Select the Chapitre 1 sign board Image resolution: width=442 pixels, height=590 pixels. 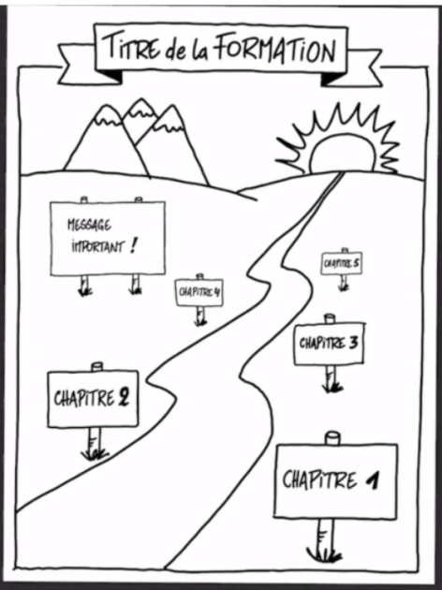(336, 481)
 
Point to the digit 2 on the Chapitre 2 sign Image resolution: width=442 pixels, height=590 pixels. (123, 398)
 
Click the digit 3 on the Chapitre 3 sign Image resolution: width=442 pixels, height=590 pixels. (353, 343)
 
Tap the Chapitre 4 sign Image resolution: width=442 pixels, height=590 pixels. (199, 292)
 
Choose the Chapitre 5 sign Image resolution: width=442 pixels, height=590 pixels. (342, 263)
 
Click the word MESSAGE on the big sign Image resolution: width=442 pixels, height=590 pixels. (89, 225)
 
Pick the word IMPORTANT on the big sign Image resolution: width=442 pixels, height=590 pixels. (97, 247)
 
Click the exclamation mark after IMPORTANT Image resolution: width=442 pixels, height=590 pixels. (132, 246)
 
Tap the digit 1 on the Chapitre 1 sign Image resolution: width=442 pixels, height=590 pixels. (373, 480)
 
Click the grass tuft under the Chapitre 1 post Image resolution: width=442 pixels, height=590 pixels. (324, 554)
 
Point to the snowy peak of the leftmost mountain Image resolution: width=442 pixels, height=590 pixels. (107, 115)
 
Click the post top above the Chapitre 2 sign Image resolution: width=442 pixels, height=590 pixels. (97, 366)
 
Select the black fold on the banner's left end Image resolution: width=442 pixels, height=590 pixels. (111, 76)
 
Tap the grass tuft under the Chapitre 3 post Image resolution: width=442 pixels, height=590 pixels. (331, 387)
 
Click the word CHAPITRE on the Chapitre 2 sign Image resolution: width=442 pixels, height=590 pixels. (84, 399)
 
